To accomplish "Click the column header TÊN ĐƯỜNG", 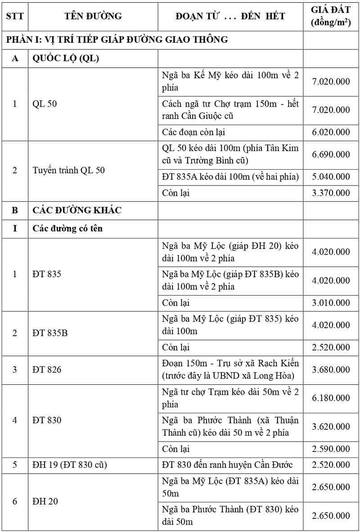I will [93, 17].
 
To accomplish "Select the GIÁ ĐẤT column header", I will [331, 17].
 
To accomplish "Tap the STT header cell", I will [15, 17].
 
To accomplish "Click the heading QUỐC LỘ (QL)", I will [66, 59].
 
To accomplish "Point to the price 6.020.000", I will [331, 132].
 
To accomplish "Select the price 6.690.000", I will [331, 154].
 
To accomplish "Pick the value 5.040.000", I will [331, 176].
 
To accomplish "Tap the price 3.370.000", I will [331, 193].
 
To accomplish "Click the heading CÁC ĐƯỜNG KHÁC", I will [77, 210].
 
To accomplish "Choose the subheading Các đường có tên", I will [67, 228].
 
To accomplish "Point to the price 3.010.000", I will [331, 302].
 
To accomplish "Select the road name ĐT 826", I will [47, 370].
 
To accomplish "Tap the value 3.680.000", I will [331, 370].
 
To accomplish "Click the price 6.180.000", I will [331, 398].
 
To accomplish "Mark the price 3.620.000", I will [331, 426].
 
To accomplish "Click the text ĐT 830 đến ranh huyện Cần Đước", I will [227, 465].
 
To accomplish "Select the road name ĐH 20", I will [45, 501].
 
